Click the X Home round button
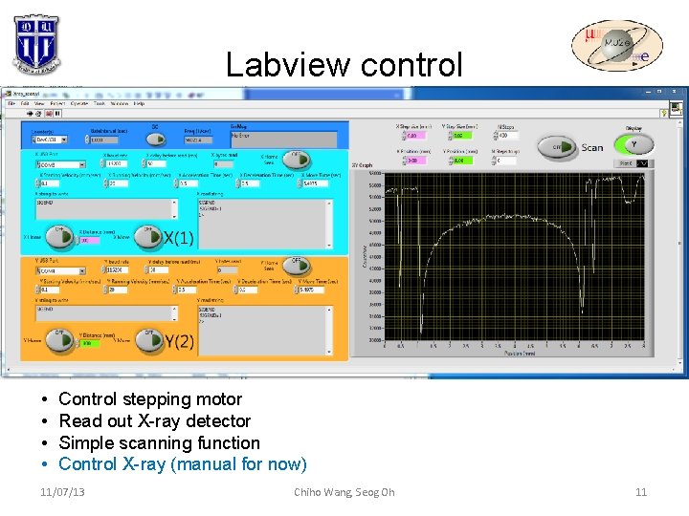point(61,234)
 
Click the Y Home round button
point(61,336)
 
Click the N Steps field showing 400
point(508,136)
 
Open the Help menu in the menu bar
point(140,103)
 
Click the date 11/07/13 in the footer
point(62,492)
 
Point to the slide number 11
point(640,492)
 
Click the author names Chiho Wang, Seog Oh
point(344,492)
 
